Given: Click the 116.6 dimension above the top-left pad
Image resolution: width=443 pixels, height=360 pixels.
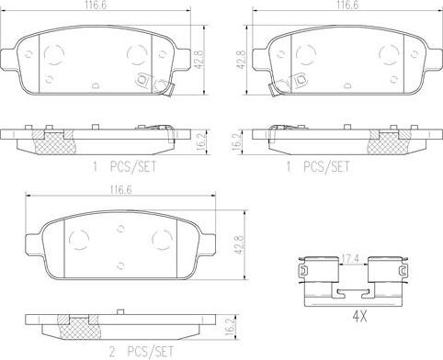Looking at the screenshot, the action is pyautogui.click(x=94, y=5).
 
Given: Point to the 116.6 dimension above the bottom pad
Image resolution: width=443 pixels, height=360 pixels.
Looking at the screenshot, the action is pyautogui.click(x=120, y=190).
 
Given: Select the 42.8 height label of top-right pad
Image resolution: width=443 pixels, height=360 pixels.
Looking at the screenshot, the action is pyautogui.click(x=243, y=59).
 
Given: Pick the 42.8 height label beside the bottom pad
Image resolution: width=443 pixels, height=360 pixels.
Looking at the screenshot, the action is pyautogui.click(x=239, y=244).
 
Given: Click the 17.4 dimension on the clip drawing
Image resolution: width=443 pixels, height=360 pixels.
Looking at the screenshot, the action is pyautogui.click(x=351, y=259).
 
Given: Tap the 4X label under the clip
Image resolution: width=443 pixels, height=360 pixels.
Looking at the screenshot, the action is pyautogui.click(x=359, y=318).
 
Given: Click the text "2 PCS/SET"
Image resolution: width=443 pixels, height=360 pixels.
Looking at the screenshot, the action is pyautogui.click(x=142, y=352).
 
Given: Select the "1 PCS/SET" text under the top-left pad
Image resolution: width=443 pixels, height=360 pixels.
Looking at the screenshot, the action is pyautogui.click(x=124, y=167).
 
